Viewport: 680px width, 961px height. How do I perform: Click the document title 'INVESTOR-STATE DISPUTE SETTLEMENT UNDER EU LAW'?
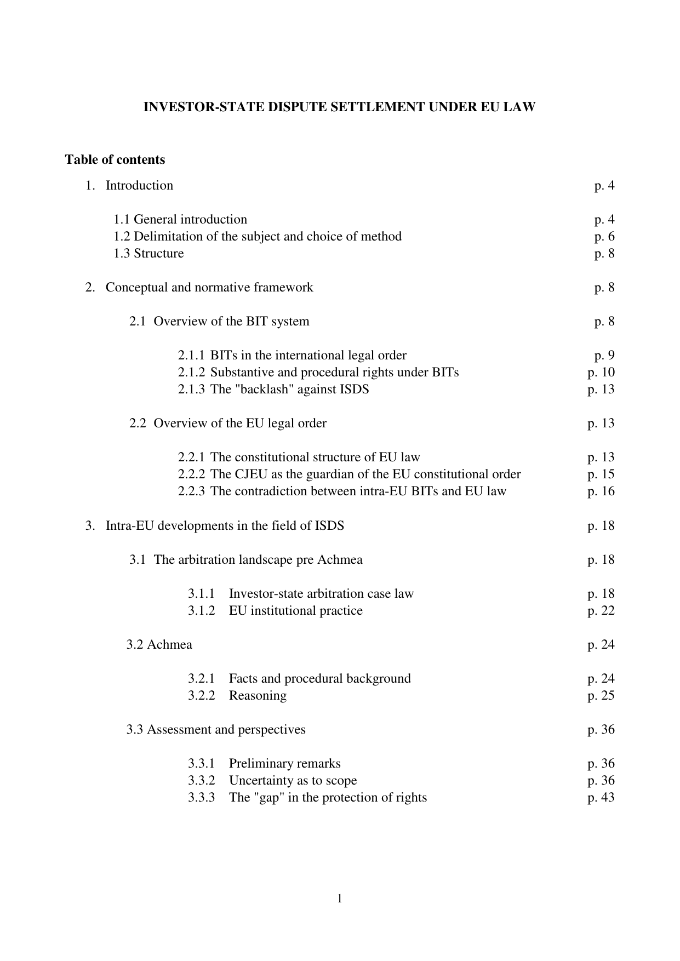[339, 107]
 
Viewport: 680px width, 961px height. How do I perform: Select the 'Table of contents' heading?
[115, 160]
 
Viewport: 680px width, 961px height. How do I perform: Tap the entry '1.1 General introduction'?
[180, 220]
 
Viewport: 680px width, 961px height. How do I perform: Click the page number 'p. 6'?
[604, 237]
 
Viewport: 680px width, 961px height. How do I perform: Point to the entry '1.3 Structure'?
[148, 254]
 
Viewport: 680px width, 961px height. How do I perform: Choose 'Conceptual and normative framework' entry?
[209, 288]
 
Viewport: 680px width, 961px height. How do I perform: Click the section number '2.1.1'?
[191, 356]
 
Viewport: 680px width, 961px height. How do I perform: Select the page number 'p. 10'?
[601, 373]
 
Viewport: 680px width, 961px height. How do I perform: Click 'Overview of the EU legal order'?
[240, 424]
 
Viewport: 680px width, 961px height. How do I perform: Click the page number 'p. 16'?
[601, 491]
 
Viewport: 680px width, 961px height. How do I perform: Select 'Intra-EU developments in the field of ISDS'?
[225, 526]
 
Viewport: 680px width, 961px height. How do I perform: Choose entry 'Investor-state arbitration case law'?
[321, 594]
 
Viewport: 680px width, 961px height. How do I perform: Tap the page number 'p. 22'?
[601, 611]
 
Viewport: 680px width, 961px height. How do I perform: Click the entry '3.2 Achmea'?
[159, 645]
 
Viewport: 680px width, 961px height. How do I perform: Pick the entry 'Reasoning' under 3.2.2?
[258, 696]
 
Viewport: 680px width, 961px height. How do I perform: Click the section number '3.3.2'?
[201, 781]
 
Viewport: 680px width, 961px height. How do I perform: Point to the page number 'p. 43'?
[601, 798]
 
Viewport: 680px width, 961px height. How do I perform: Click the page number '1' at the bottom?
[340, 898]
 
